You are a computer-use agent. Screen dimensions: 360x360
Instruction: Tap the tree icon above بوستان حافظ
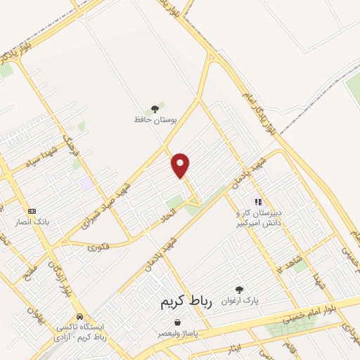click(x=154, y=109)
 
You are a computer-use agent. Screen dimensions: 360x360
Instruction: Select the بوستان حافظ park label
click(x=154, y=120)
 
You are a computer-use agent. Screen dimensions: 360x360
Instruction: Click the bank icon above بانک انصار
click(x=32, y=211)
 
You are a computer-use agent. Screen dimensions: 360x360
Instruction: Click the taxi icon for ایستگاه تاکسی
click(x=80, y=316)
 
